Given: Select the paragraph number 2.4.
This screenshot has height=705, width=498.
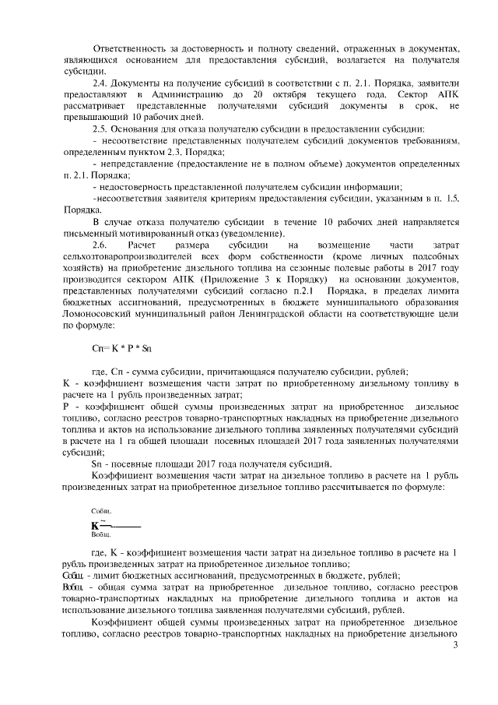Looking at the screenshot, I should click(x=101, y=83).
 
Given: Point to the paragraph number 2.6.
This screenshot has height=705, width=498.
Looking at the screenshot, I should click(x=101, y=245).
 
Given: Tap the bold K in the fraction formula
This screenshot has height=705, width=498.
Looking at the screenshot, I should click(x=96, y=524).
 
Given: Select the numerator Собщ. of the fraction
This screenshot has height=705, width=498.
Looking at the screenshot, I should click(x=101, y=509).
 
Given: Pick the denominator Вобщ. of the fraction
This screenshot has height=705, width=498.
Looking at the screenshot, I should click(x=101, y=536).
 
